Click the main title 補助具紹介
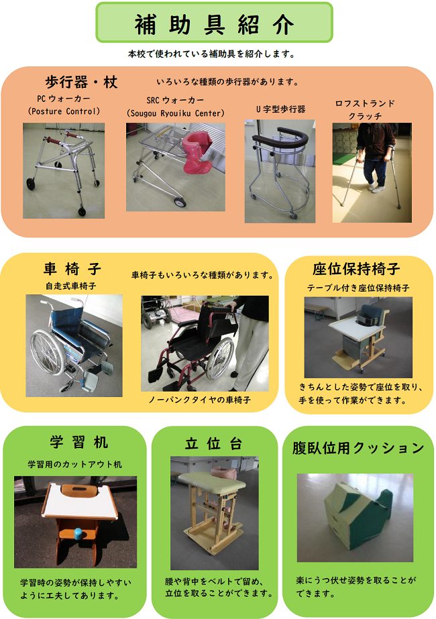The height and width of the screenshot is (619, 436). (x=214, y=24)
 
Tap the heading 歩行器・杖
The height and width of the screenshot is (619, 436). (x=81, y=82)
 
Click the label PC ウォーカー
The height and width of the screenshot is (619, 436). (x=64, y=99)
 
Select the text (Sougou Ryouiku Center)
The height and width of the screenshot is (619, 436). (x=175, y=113)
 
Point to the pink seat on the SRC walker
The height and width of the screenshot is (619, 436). (x=197, y=152)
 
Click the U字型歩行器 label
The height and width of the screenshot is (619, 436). (x=280, y=109)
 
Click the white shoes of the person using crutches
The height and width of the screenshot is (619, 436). (x=376, y=188)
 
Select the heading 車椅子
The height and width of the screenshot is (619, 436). (x=72, y=269)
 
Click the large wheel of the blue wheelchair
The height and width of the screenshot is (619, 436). (x=48, y=352)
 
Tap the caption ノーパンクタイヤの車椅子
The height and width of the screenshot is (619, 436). (x=199, y=400)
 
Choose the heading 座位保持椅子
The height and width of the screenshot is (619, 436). (x=356, y=269)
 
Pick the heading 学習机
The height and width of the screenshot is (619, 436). (x=79, y=442)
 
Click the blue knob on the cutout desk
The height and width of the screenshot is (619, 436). (x=78, y=533)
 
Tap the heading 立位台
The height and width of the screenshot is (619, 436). (x=213, y=444)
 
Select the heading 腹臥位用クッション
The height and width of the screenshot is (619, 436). (x=358, y=448)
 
